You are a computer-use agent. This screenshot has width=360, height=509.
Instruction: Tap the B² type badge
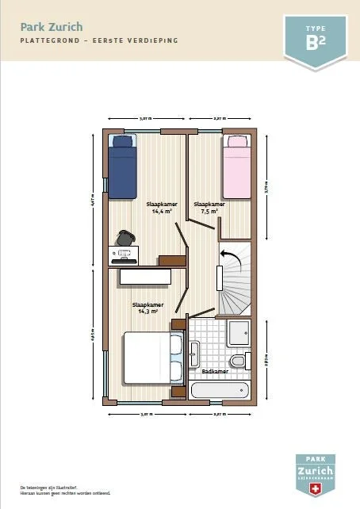click(315, 40)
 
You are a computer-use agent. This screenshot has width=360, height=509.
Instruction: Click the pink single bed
click(236, 166)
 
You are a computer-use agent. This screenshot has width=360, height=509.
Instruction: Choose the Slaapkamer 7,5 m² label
click(209, 208)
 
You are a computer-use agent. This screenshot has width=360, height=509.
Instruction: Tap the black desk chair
click(124, 239)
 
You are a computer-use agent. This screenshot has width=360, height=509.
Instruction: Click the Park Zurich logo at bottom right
click(315, 473)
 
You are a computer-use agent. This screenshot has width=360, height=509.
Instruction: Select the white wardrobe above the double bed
click(145, 277)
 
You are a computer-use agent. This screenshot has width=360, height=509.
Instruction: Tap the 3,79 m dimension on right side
click(267, 189)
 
